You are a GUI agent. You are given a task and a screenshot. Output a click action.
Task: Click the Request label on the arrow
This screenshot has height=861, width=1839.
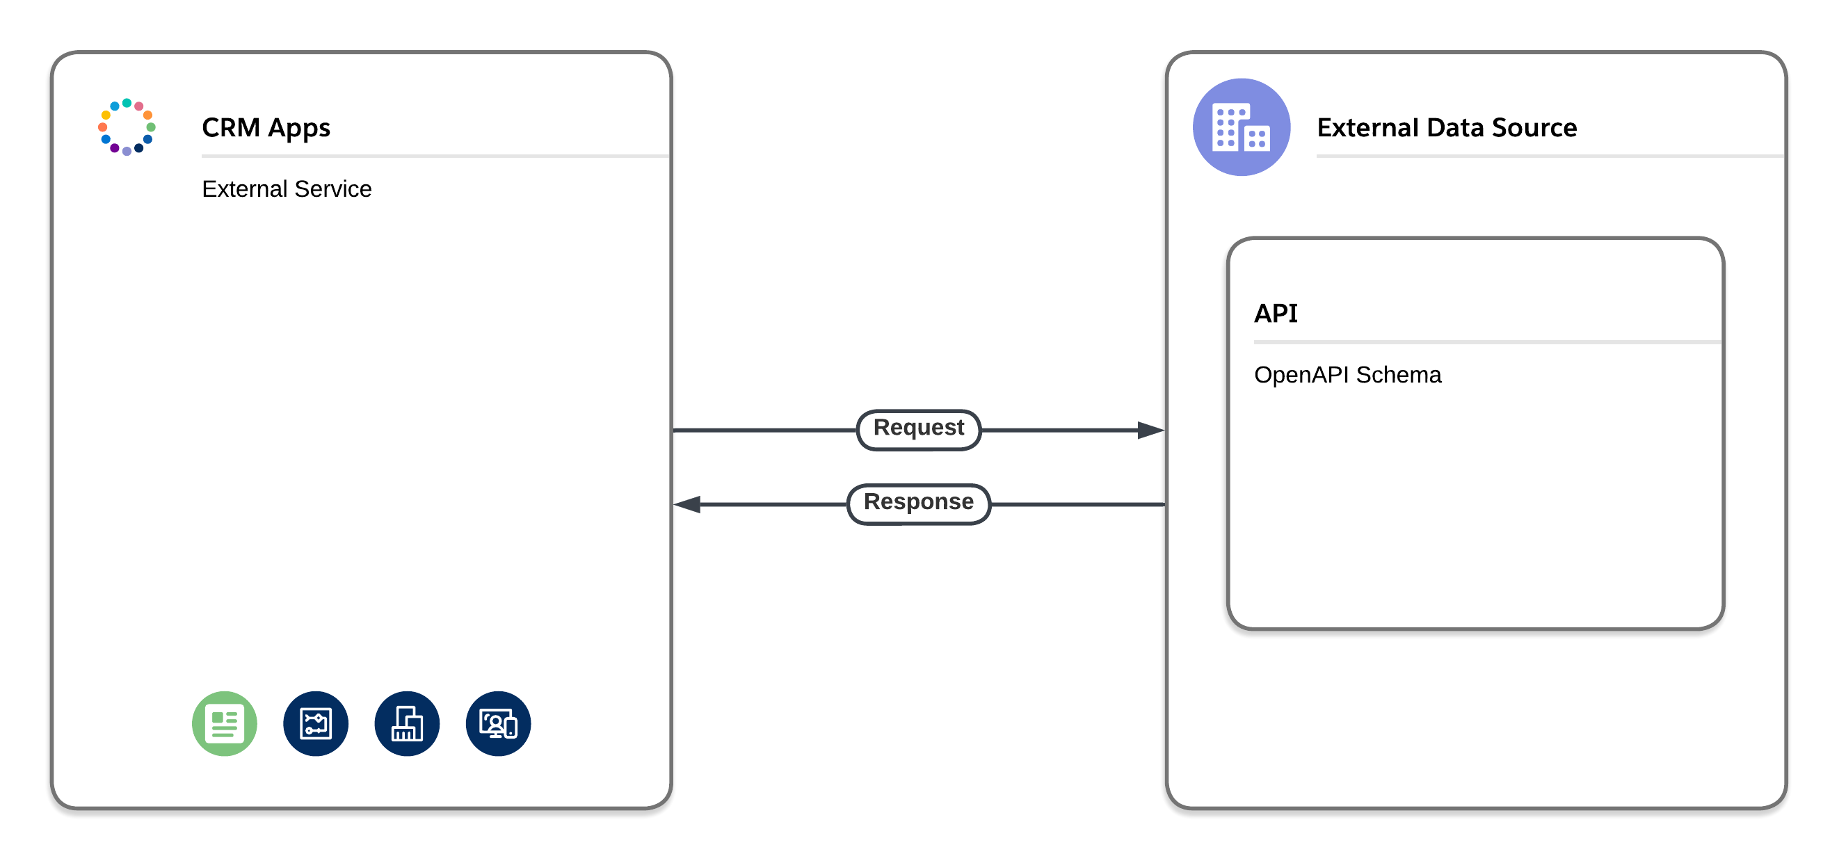(918, 428)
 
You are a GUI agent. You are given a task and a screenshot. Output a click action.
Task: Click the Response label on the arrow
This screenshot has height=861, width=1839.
(918, 503)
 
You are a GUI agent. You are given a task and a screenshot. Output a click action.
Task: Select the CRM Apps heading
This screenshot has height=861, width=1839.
(266, 128)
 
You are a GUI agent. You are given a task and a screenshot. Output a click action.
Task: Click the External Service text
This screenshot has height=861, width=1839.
(287, 189)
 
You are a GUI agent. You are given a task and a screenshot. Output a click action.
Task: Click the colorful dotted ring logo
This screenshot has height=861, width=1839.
(127, 127)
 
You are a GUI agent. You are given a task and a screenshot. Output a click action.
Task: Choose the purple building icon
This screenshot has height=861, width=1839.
(1241, 127)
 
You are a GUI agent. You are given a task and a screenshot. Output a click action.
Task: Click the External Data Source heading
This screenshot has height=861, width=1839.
(1446, 128)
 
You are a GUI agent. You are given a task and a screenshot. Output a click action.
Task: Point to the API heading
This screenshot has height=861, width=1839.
(1275, 314)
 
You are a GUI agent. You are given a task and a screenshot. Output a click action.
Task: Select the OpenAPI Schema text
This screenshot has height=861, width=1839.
(1347, 375)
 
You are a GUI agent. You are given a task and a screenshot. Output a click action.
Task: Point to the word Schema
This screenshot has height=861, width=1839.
(1398, 375)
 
